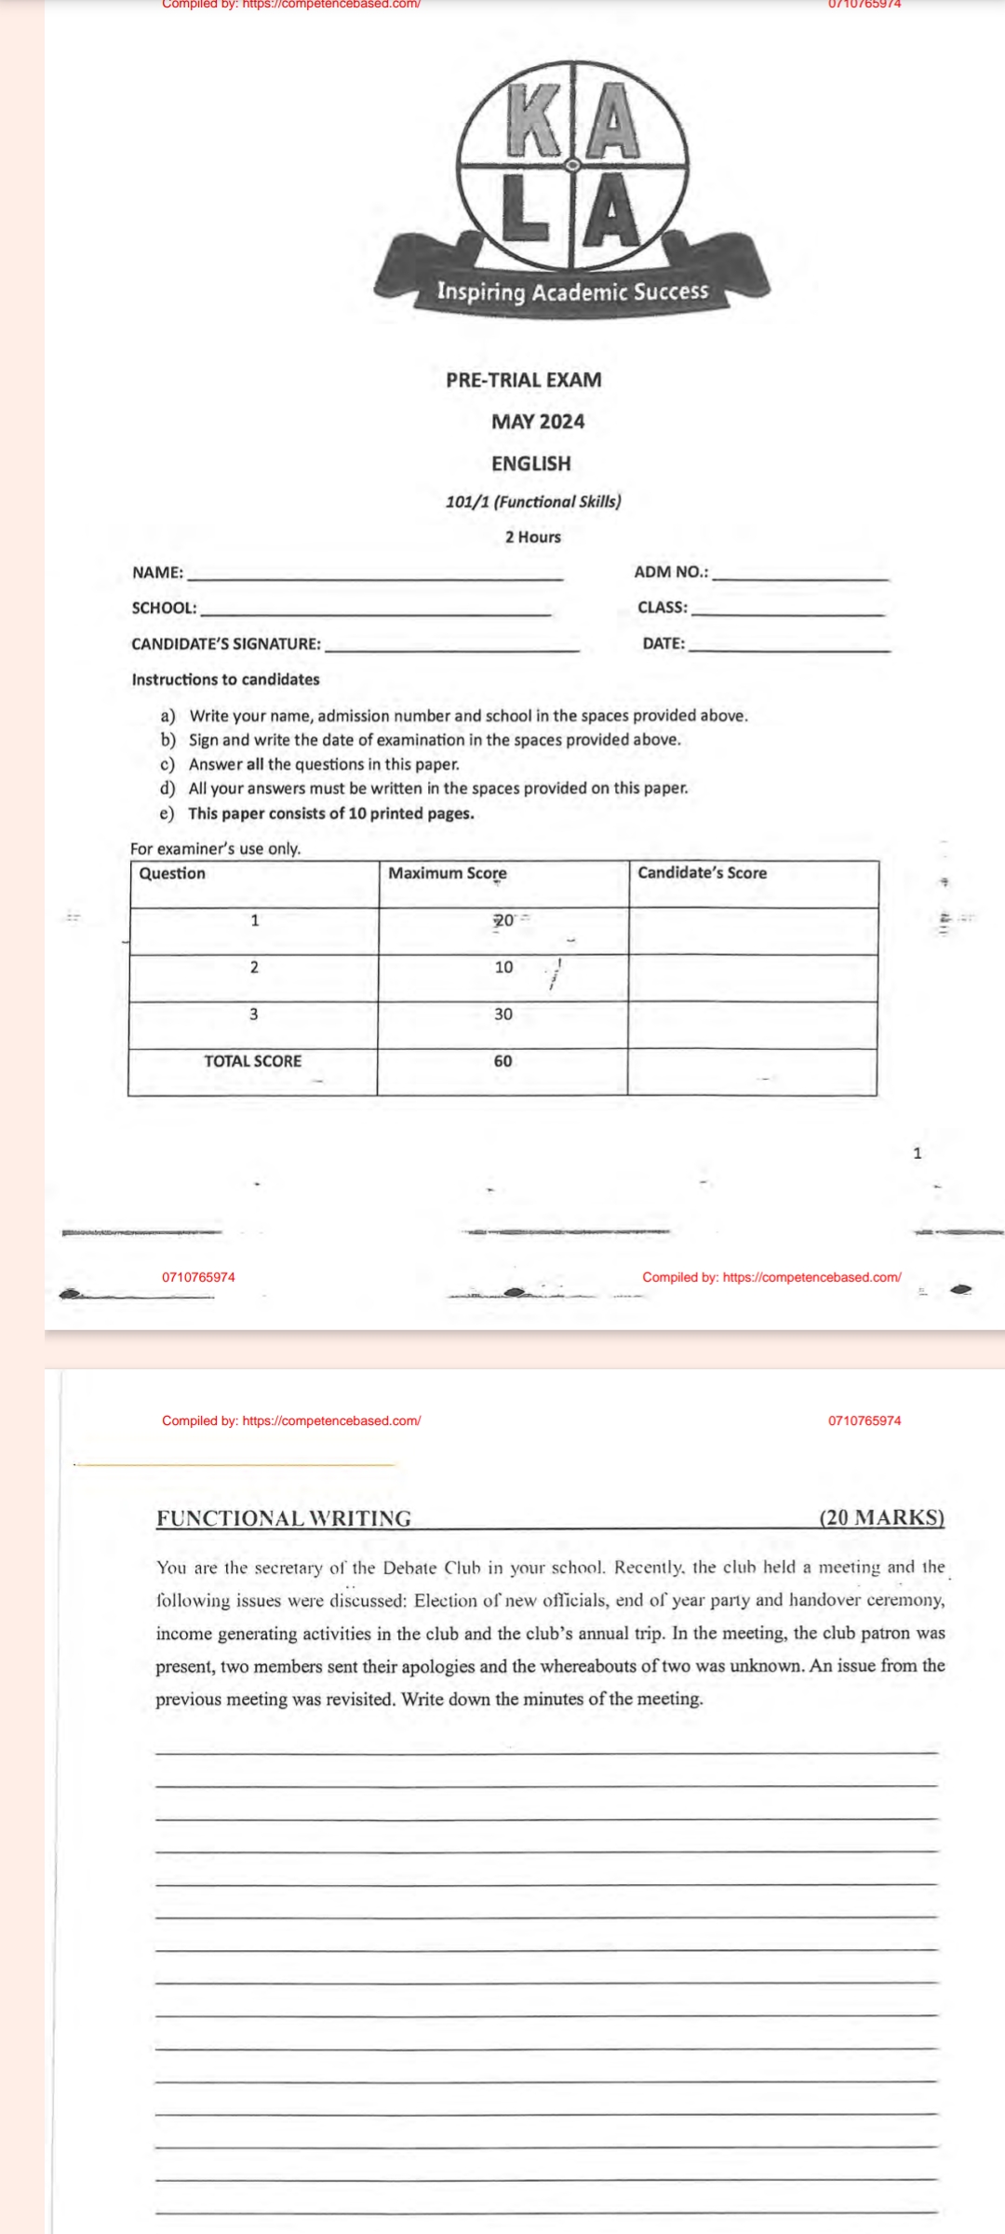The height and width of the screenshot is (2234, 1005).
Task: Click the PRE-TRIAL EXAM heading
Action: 524,380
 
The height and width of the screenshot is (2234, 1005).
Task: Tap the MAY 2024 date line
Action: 538,422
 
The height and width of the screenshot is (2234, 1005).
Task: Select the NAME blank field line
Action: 375,578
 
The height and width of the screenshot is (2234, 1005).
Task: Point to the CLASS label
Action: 663,608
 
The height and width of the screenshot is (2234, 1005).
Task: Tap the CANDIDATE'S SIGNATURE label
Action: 226,643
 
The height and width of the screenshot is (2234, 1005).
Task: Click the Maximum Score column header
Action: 448,873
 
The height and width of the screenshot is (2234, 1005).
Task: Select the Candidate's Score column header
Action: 703,873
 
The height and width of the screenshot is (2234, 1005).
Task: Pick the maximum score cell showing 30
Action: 502,1014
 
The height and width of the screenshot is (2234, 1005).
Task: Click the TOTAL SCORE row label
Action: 253,1060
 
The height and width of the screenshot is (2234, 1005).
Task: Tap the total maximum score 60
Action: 502,1060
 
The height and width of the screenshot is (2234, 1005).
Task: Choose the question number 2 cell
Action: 254,966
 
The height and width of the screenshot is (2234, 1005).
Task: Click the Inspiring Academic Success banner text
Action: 572,291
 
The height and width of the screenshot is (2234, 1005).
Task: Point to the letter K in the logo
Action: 535,118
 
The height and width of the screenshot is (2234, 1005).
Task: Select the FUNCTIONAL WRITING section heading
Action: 284,1518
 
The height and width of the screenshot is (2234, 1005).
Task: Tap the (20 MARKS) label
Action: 881,1517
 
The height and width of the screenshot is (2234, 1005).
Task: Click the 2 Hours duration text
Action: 533,537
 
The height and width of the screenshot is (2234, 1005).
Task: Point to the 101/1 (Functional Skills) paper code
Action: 533,502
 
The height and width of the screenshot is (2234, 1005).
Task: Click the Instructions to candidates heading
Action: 225,680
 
